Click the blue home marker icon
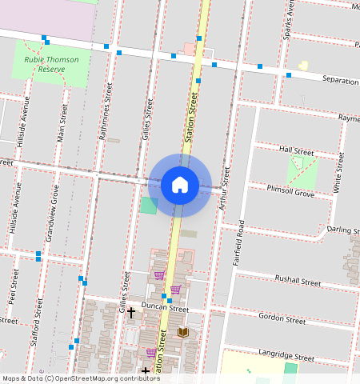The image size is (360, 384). pos(180,186)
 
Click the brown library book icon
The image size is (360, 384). pos(182,332)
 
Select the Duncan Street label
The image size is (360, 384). pos(164,308)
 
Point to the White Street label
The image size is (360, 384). pos(339,174)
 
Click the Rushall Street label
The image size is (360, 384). pos(298,282)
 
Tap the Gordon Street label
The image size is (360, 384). pos(282,318)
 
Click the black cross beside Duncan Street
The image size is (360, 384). pos(131,312)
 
